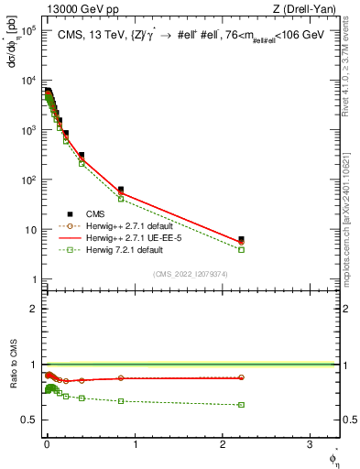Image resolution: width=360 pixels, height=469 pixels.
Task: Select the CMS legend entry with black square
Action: [83, 213]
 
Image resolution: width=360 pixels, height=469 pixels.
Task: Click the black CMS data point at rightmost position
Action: [241, 239]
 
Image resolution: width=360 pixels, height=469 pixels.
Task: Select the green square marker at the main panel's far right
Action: [241, 249]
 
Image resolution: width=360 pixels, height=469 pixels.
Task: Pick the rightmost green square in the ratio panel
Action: [241, 405]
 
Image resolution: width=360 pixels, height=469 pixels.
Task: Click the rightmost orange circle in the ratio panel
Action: [241, 377]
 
